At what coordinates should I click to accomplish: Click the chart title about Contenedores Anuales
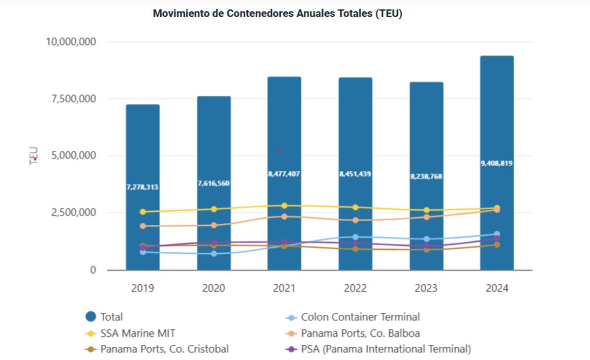(x=277, y=14)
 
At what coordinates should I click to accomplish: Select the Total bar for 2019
(x=143, y=148)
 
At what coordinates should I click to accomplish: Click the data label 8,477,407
(x=284, y=174)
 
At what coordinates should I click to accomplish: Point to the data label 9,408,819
(x=497, y=163)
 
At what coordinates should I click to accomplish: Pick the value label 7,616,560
(x=213, y=183)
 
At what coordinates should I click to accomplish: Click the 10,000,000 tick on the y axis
(x=71, y=42)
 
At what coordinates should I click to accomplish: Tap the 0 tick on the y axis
(x=92, y=270)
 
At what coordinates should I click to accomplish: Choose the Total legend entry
(x=111, y=317)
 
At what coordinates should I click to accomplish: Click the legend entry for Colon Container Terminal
(x=360, y=317)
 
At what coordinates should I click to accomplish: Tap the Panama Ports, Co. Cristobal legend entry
(x=164, y=350)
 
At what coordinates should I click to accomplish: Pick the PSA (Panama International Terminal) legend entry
(x=385, y=350)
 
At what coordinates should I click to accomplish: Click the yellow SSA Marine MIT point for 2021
(x=284, y=206)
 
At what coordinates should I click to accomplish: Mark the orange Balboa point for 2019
(x=143, y=226)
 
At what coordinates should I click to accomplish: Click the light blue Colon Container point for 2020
(x=213, y=254)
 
